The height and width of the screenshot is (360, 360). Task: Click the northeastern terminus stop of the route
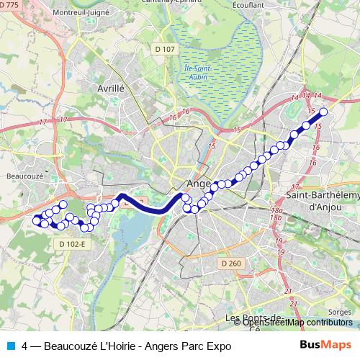[323, 112]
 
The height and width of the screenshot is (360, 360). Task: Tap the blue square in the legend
[10, 346]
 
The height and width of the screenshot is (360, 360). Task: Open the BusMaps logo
[325, 346]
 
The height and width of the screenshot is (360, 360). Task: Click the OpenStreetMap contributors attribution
[292, 322]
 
